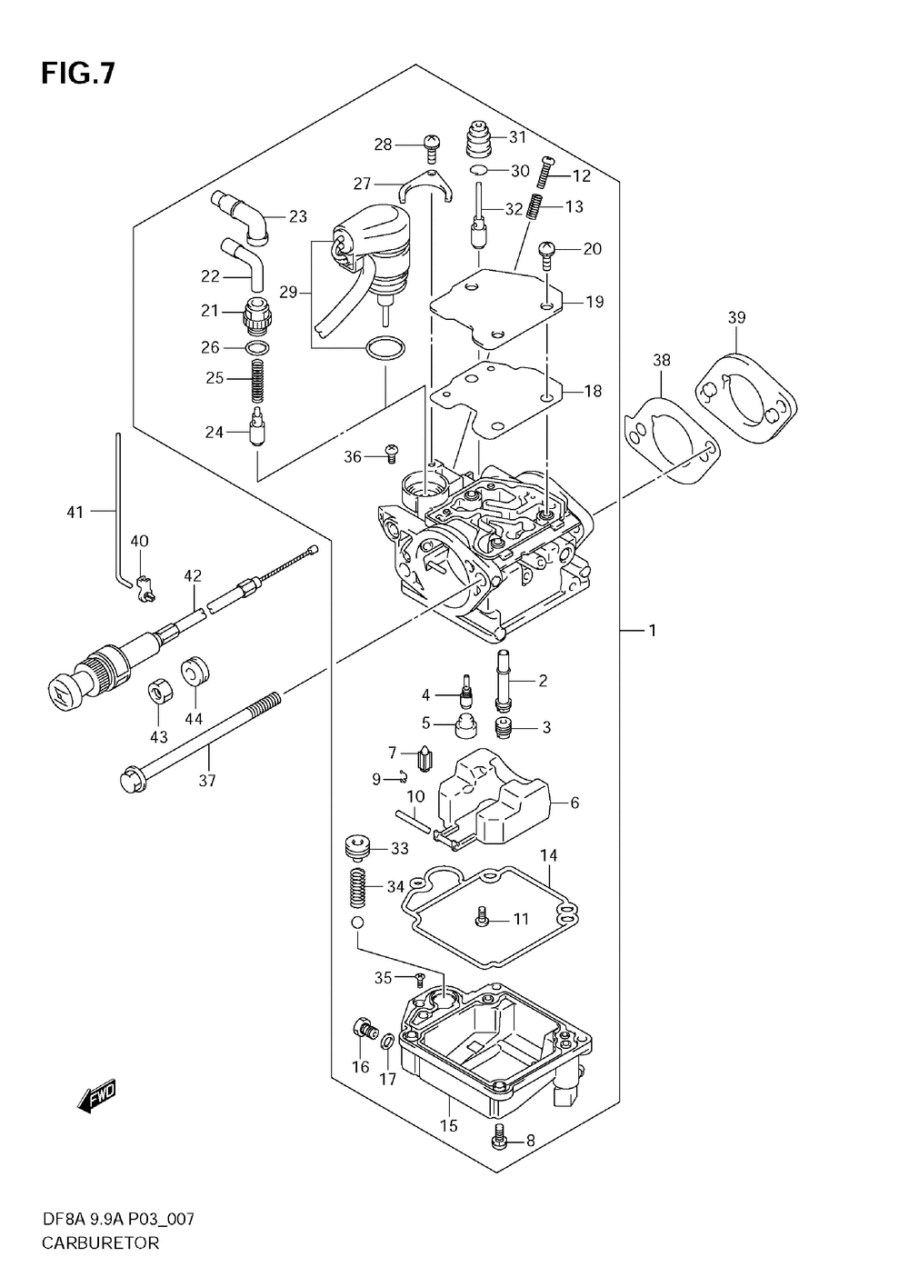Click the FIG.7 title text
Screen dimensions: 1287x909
(x=77, y=74)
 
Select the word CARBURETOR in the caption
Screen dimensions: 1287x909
(x=99, y=1242)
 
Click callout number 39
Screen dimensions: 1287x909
(x=736, y=317)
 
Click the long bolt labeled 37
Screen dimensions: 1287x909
(x=200, y=736)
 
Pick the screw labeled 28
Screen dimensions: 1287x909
(x=432, y=144)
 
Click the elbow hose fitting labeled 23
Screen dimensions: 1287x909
(x=241, y=215)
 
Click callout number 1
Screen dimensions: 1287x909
(x=652, y=629)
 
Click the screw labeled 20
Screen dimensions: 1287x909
(x=548, y=251)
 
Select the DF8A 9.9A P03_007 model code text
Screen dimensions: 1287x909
(x=117, y=1219)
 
